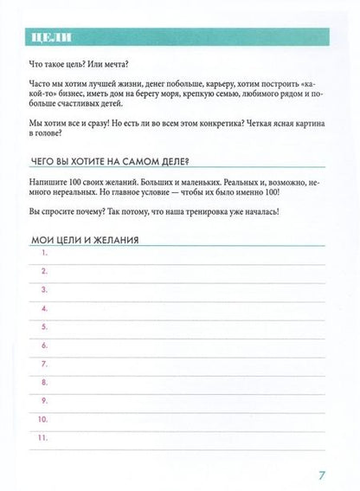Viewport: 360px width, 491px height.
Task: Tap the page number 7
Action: click(x=321, y=473)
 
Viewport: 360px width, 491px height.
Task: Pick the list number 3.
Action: click(x=43, y=289)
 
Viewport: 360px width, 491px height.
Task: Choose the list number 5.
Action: click(x=43, y=326)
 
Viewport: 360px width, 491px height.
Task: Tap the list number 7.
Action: click(x=43, y=363)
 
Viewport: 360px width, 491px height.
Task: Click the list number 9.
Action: click(x=43, y=400)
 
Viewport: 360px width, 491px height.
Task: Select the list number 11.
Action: click(x=43, y=437)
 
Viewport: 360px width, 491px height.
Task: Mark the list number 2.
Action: click(x=43, y=271)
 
